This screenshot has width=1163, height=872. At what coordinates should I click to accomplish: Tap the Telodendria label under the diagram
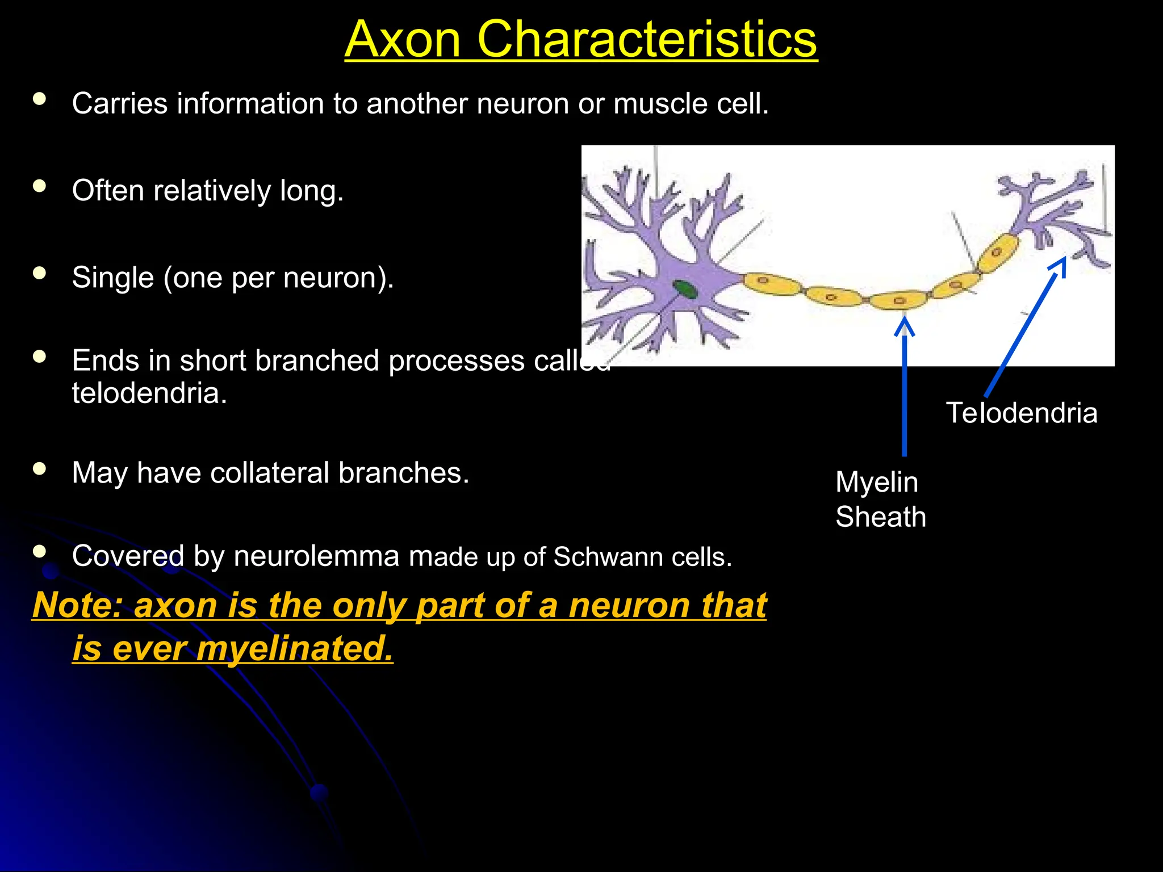[x=1021, y=413]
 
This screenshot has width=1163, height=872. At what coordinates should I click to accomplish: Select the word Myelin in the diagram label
[x=876, y=483]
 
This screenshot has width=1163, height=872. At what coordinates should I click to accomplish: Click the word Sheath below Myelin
[x=880, y=517]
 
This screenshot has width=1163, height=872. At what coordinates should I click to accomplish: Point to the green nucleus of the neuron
[x=685, y=290]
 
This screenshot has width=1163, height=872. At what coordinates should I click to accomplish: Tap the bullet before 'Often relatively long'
[x=39, y=186]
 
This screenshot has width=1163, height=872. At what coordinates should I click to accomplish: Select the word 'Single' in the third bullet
[x=113, y=278]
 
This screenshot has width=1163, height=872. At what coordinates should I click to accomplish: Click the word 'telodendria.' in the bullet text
[x=149, y=393]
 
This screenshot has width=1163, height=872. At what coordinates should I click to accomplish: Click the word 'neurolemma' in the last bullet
[x=316, y=556]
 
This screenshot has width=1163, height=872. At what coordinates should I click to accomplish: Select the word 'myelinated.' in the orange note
[x=295, y=648]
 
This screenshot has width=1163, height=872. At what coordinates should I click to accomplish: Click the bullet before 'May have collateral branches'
[x=39, y=468]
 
